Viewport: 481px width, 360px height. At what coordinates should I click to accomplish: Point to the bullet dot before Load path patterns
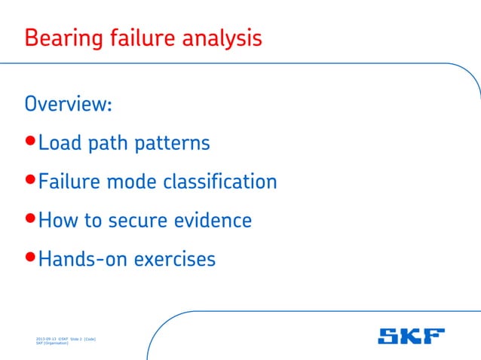pos(30,142)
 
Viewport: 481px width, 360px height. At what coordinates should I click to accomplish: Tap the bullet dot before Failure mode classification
pos(30,181)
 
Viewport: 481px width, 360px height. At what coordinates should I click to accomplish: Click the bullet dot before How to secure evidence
pos(30,220)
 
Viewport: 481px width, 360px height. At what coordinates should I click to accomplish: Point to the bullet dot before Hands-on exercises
pos(30,259)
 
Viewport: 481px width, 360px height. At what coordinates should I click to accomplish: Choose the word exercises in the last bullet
pos(175,260)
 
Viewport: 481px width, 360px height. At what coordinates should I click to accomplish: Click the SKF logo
pos(411,337)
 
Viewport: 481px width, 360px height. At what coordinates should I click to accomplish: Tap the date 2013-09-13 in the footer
pos(46,340)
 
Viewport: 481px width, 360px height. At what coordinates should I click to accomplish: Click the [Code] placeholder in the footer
pos(88,340)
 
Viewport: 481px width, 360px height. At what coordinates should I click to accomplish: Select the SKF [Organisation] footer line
pos(52,344)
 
